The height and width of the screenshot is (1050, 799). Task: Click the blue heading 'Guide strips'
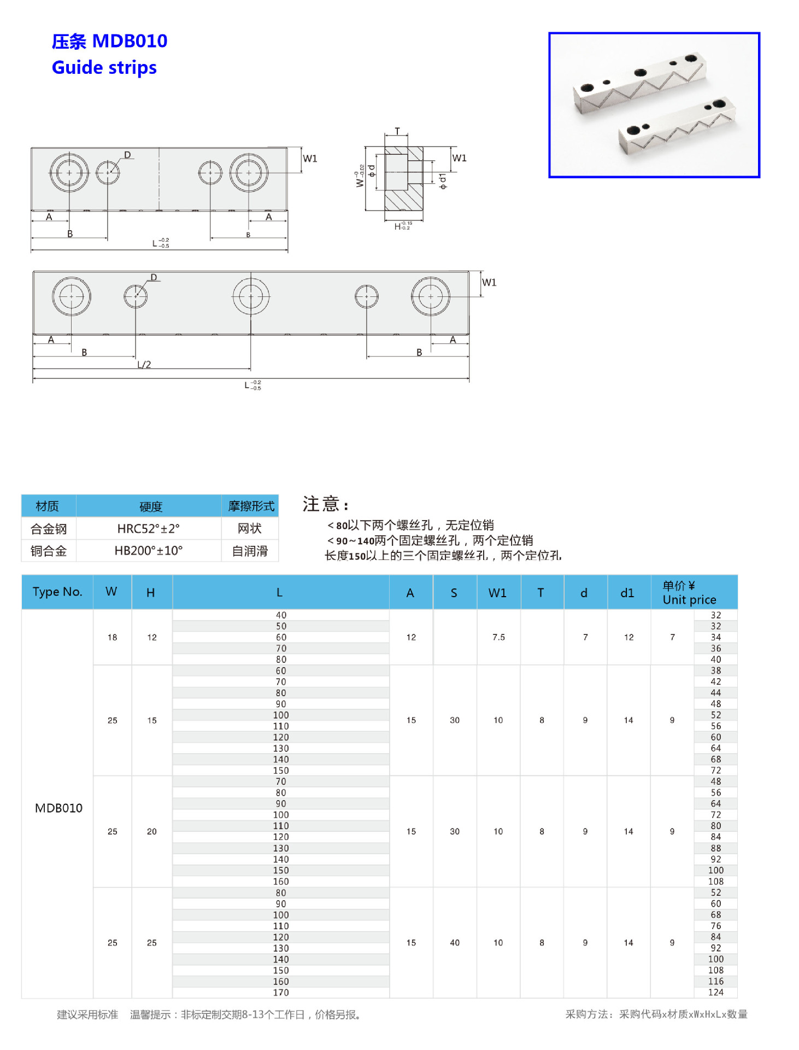(x=104, y=68)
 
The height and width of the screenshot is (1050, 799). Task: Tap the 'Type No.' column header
(x=57, y=592)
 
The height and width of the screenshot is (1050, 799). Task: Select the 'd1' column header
(x=627, y=593)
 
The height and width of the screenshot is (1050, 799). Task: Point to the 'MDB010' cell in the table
(x=58, y=808)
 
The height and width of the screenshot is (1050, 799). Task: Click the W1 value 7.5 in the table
(x=498, y=637)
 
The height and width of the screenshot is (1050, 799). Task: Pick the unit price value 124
(x=715, y=992)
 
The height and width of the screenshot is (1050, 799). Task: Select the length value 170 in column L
(x=281, y=993)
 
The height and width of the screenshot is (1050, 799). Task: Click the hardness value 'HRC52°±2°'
(x=148, y=529)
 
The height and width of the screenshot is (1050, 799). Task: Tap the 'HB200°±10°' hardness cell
(x=148, y=551)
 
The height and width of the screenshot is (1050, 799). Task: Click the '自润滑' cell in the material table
(x=250, y=551)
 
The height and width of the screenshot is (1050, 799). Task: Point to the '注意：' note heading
(x=326, y=504)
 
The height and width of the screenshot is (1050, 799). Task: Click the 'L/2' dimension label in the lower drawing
(x=144, y=365)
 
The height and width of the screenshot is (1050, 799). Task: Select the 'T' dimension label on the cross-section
(x=397, y=131)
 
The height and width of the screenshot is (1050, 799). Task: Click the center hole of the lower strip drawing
(x=251, y=296)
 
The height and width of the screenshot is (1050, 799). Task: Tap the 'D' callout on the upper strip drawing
(x=127, y=155)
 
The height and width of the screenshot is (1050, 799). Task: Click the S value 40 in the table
(x=455, y=943)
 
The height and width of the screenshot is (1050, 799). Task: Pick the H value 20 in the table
(x=152, y=831)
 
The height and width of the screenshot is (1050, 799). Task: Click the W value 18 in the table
(x=112, y=637)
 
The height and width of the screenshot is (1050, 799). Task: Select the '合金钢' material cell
(x=49, y=529)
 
